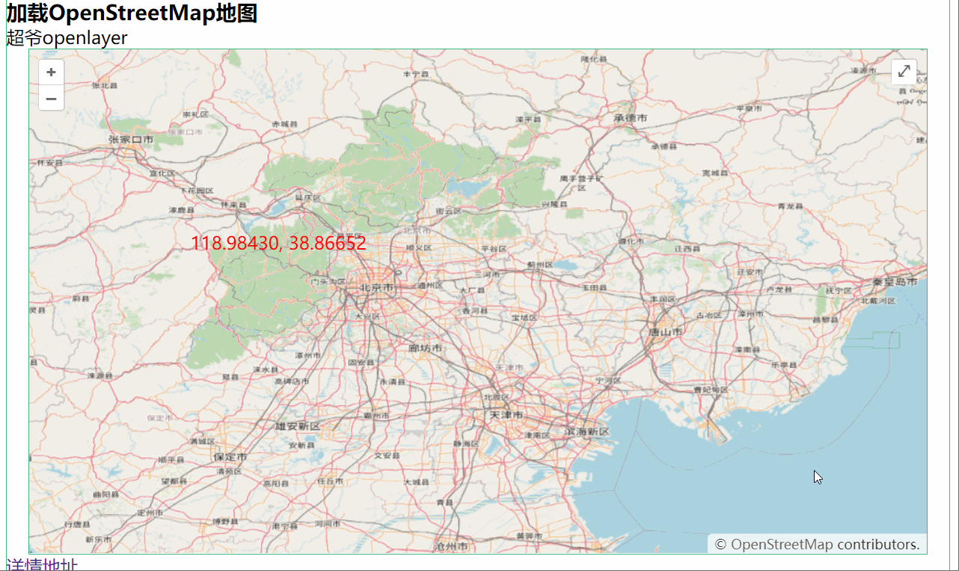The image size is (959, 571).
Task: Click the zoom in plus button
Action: (51, 72)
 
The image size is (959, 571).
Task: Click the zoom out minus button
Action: (51, 98)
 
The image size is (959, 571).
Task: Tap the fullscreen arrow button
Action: (904, 71)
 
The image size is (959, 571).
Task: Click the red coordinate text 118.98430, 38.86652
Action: (278, 243)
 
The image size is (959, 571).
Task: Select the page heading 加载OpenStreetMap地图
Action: (132, 13)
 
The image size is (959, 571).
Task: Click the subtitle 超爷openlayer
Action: (67, 37)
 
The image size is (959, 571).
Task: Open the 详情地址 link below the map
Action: (41, 565)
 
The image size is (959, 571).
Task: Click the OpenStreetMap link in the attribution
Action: (781, 544)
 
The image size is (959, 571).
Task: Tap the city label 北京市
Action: (375, 287)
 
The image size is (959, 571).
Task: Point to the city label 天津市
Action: (506, 414)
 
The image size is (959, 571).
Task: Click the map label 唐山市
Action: (665, 331)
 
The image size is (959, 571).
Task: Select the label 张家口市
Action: (130, 139)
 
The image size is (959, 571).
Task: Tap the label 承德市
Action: (630, 118)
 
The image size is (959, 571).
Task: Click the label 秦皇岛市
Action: (895, 282)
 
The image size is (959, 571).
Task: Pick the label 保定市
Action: (230, 456)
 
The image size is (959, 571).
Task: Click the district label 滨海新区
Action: (587, 431)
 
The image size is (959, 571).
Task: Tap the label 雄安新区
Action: (297, 426)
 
